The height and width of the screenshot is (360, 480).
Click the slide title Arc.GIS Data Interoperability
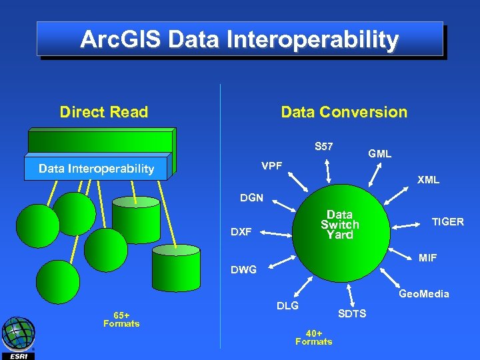[x=239, y=39]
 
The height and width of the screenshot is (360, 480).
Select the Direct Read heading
[x=103, y=112]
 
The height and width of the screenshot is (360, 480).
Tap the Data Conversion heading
[x=343, y=112]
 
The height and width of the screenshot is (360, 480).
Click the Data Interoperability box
[x=97, y=169]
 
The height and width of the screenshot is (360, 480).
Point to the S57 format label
[x=324, y=146]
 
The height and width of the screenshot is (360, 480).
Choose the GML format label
[x=379, y=154]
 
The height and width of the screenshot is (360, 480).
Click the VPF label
[x=271, y=165]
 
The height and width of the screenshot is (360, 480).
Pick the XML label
[x=428, y=180]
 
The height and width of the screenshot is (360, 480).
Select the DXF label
[x=241, y=232]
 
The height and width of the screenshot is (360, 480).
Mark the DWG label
[x=243, y=270]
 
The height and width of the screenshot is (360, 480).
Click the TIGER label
[x=447, y=222]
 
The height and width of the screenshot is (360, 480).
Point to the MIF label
[x=428, y=258]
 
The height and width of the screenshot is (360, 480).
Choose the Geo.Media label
[x=423, y=293]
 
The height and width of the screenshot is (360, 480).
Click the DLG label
[x=287, y=305]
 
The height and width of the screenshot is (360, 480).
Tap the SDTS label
[x=352, y=313]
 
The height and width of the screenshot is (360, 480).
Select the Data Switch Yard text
[x=339, y=225]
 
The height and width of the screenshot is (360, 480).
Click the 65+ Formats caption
[x=121, y=319]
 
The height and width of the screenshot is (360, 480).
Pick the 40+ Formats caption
[x=313, y=337]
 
